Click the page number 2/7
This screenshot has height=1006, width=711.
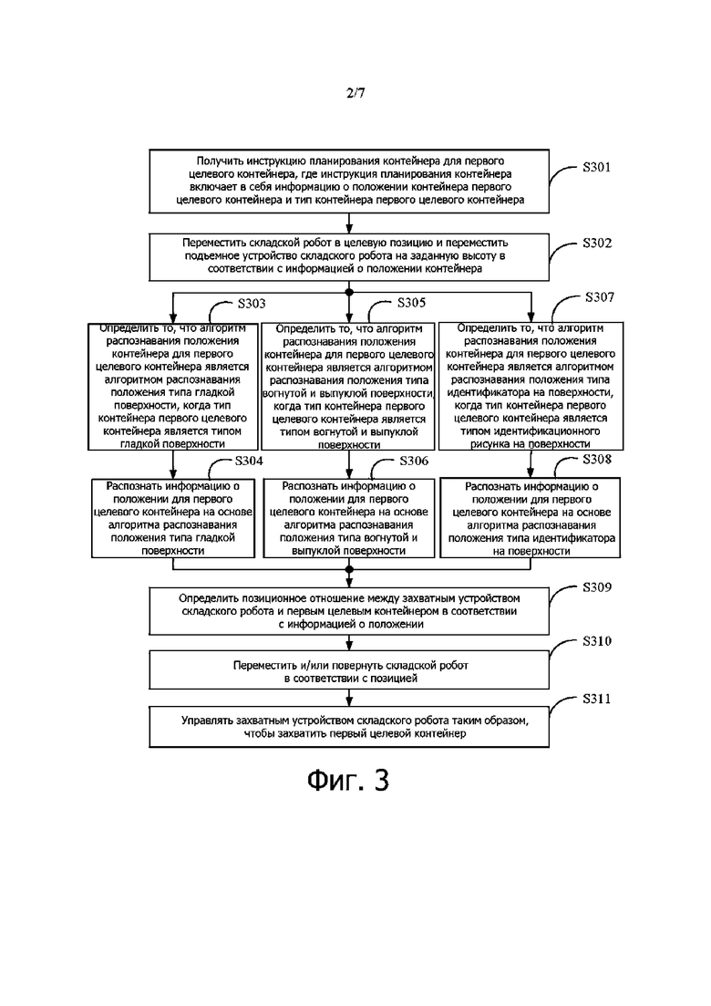(355, 93)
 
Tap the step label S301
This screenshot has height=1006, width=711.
(596, 168)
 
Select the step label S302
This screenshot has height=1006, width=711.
(597, 244)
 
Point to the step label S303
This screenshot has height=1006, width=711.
(252, 304)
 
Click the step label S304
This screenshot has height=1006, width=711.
(249, 461)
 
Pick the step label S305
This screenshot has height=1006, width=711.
(411, 303)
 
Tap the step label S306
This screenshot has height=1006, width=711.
(414, 461)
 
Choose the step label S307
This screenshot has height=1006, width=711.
(600, 297)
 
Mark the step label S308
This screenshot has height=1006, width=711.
(597, 460)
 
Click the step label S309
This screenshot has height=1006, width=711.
(597, 587)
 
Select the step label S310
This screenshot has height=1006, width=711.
(597, 641)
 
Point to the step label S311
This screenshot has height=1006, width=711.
(597, 699)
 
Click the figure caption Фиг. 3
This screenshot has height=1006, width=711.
(348, 780)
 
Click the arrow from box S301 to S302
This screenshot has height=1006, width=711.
(349, 223)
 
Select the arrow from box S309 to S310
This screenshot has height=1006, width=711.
(349, 643)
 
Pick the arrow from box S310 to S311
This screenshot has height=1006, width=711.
(349, 698)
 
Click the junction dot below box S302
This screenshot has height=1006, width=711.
(349, 293)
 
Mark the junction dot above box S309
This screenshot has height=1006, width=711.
(349, 569)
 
